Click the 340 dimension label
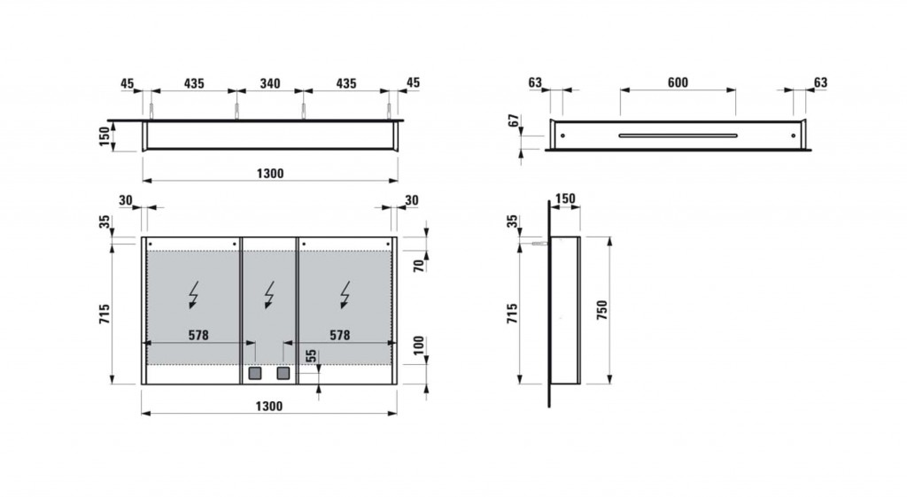pyautogui.click(x=270, y=84)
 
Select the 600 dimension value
pyautogui.click(x=678, y=82)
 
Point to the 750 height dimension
pyautogui.click(x=602, y=311)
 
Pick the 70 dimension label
pyautogui.click(x=419, y=266)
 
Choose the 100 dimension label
pyautogui.click(x=419, y=346)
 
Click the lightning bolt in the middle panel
pyautogui.click(x=269, y=295)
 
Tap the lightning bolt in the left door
pyautogui.click(x=194, y=295)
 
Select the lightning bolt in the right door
pyautogui.click(x=345, y=295)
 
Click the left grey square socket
pyautogui.click(x=254, y=373)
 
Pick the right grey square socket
pyautogui.click(x=283, y=373)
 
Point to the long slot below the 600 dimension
pyautogui.click(x=678, y=136)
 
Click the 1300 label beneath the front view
pyautogui.click(x=269, y=406)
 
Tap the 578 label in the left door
pyautogui.click(x=198, y=335)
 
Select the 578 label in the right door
pyautogui.click(x=339, y=335)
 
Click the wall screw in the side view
pyautogui.click(x=539, y=245)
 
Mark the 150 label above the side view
pyautogui.click(x=565, y=199)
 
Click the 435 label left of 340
pyautogui.click(x=194, y=84)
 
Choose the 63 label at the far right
pyautogui.click(x=820, y=82)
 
